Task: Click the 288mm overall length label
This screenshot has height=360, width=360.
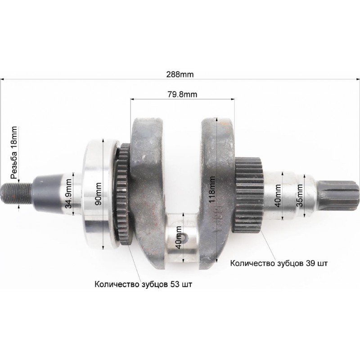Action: coord(180,74)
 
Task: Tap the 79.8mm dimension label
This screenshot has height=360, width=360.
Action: coord(182,94)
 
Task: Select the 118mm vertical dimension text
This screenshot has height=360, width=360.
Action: coord(212,189)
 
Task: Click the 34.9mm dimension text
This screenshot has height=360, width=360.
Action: coord(69,193)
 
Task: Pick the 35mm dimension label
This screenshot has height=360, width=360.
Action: coord(300,195)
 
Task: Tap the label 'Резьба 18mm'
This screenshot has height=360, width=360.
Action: coord(14,153)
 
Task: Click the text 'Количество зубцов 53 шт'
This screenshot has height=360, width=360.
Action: coord(143,284)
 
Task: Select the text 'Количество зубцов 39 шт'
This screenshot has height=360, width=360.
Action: coord(279,263)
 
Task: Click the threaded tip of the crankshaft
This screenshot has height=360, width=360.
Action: coord(17,193)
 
